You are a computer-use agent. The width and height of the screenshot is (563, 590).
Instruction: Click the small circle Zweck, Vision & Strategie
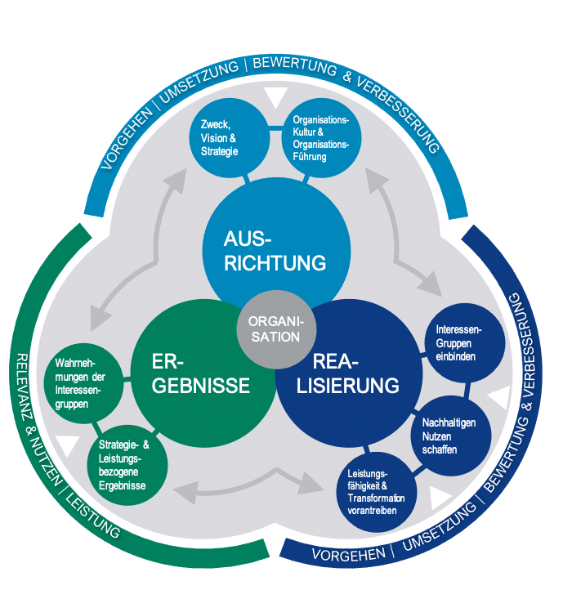tap(220, 137)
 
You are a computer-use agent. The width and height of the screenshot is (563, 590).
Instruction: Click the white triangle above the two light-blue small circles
tap(268, 97)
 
